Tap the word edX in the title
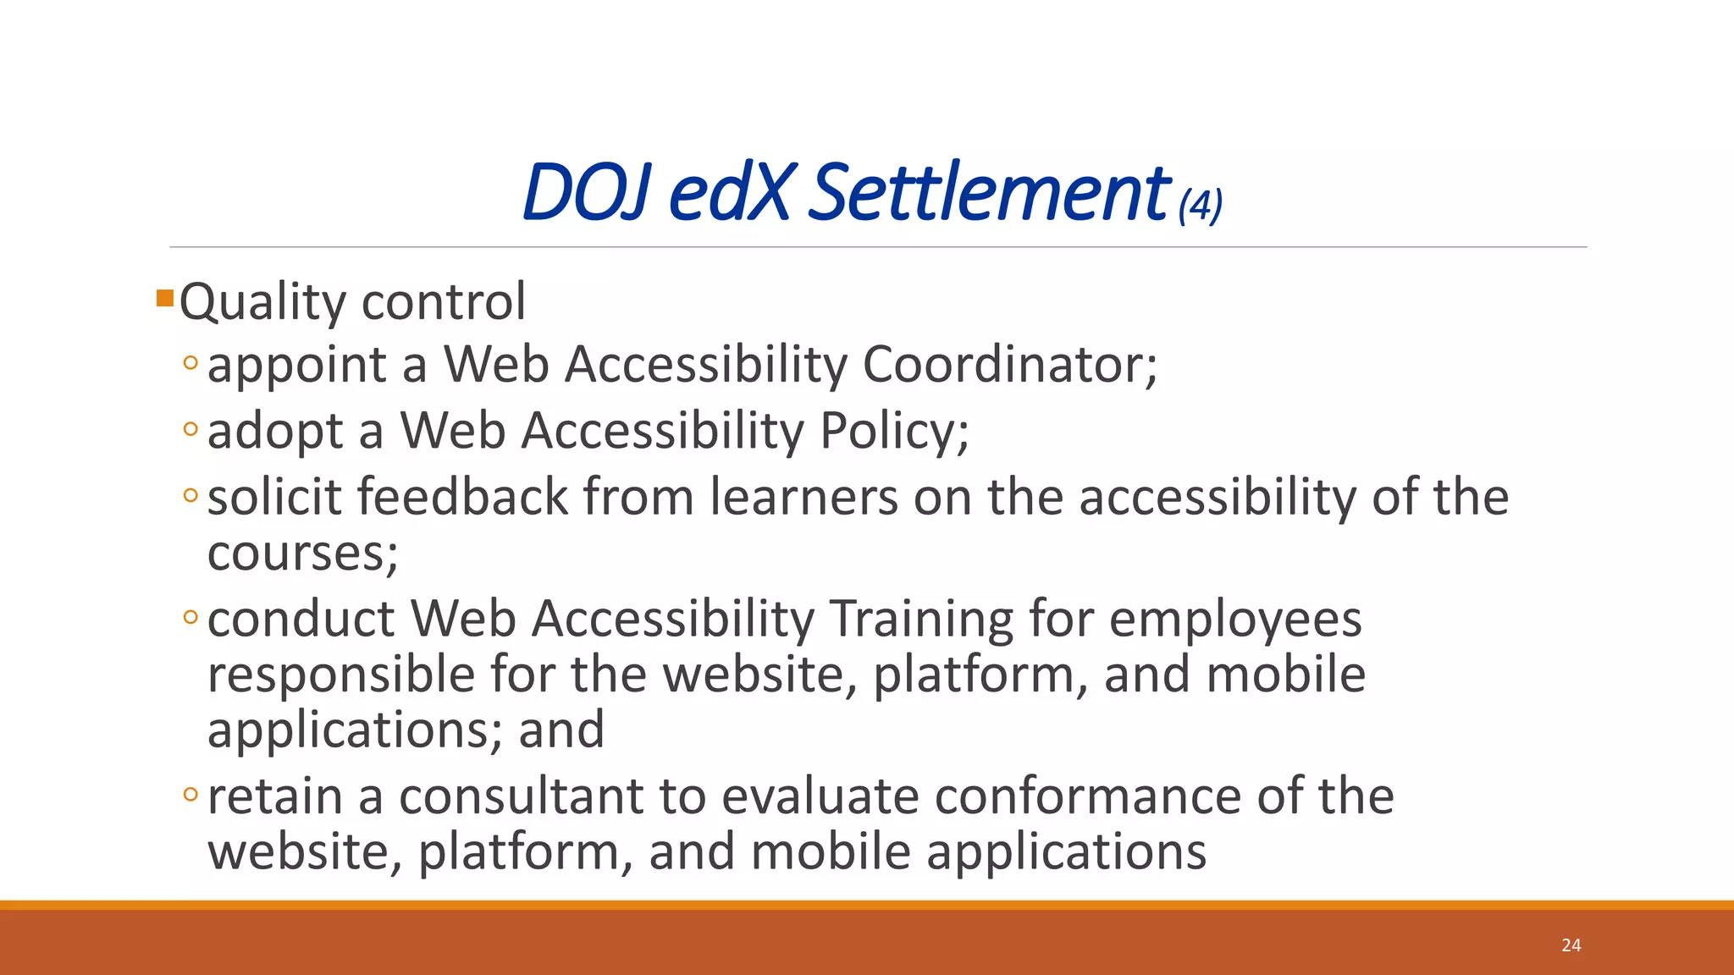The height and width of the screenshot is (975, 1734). tap(731, 193)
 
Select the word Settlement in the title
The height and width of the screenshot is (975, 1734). tap(988, 193)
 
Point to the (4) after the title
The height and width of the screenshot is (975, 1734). tap(1201, 206)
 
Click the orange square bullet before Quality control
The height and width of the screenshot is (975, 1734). tap(165, 298)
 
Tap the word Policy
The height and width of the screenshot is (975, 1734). tap(892, 432)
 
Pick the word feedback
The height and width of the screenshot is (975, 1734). tap(462, 497)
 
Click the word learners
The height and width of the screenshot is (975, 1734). tap(803, 497)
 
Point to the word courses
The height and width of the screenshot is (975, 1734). tap(301, 554)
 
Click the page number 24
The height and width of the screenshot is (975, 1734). tap(1571, 945)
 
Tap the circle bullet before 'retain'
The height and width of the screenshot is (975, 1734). tap(191, 795)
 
